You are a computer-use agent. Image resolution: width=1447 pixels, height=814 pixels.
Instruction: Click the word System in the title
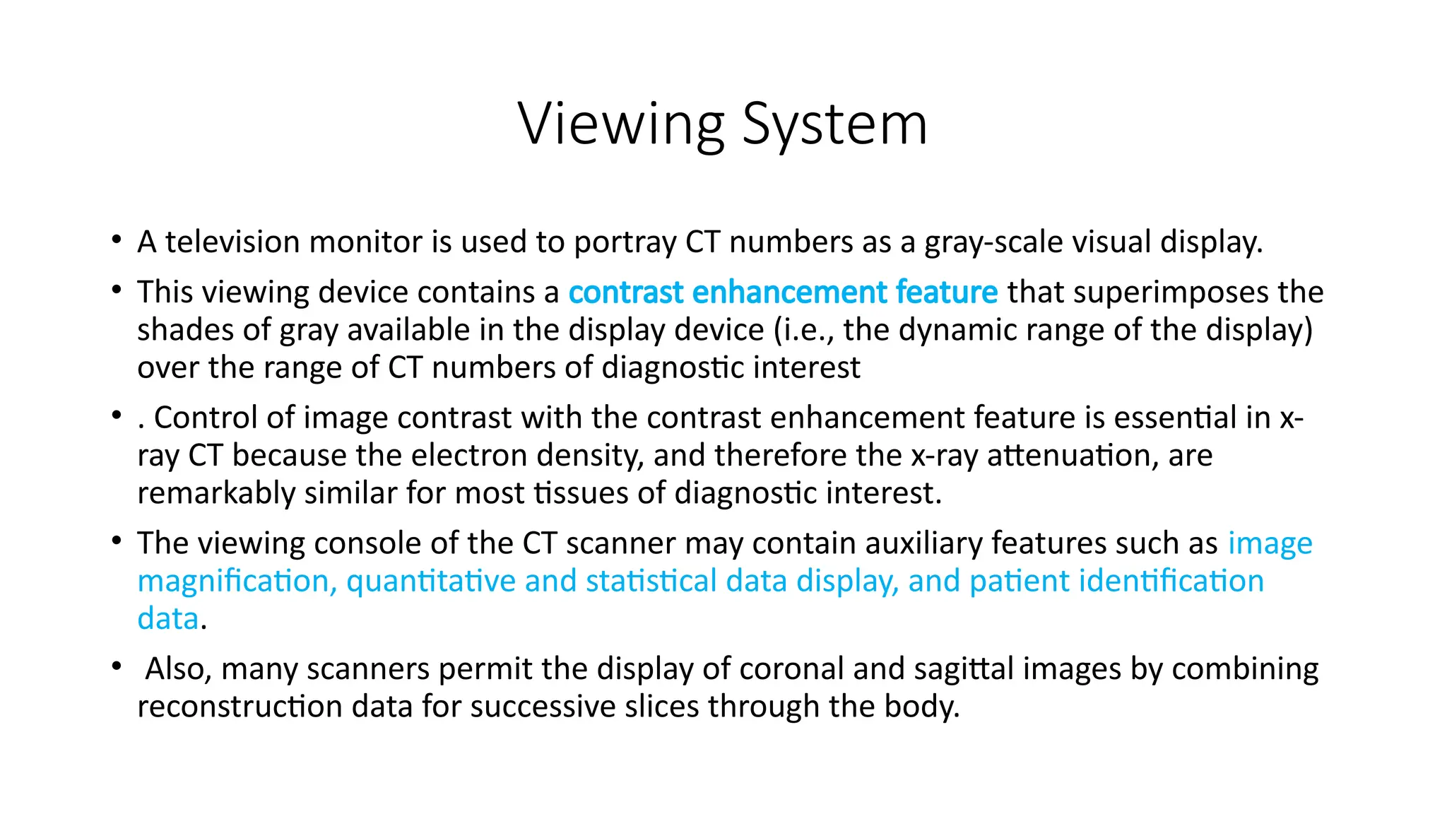click(835, 124)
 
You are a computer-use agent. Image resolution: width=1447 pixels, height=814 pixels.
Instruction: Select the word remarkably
click(216, 493)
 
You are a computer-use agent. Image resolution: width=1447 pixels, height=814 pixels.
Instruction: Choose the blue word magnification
click(233, 582)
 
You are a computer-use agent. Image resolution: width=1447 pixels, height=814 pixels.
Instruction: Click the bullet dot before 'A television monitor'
click(116, 240)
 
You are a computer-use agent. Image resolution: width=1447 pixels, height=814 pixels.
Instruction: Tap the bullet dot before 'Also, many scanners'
click(116, 666)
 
